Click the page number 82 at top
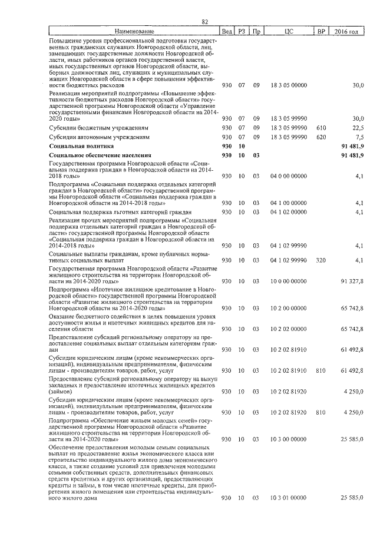(x=205, y=22)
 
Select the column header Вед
(x=227, y=31)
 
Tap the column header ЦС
(x=288, y=31)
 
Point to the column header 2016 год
(x=346, y=31)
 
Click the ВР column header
(x=321, y=31)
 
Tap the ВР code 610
(x=321, y=127)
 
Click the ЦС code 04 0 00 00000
(x=288, y=176)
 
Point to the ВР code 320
(x=321, y=260)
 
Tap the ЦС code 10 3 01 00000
(x=288, y=498)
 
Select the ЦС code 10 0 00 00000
(x=288, y=282)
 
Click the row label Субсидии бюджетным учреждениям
(x=98, y=127)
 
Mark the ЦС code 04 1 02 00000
(x=288, y=211)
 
